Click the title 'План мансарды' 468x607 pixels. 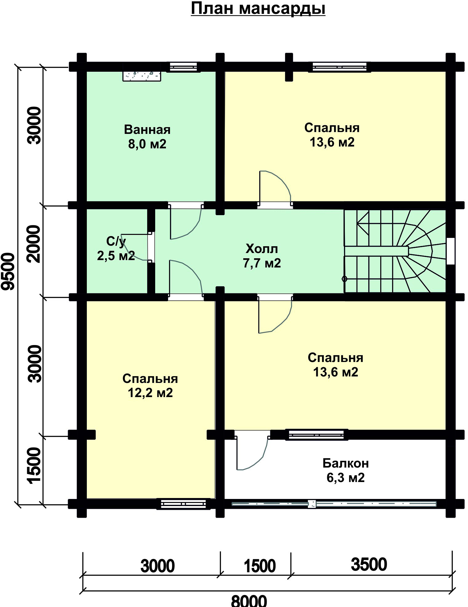[x=258, y=9]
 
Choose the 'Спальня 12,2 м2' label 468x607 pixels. [x=150, y=386]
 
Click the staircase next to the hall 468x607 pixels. [x=395, y=251]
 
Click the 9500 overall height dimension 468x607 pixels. [x=10, y=271]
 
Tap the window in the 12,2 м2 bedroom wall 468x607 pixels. [x=184, y=504]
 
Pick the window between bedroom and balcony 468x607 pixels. [x=317, y=434]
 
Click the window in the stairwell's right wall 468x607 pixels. [x=451, y=251]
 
